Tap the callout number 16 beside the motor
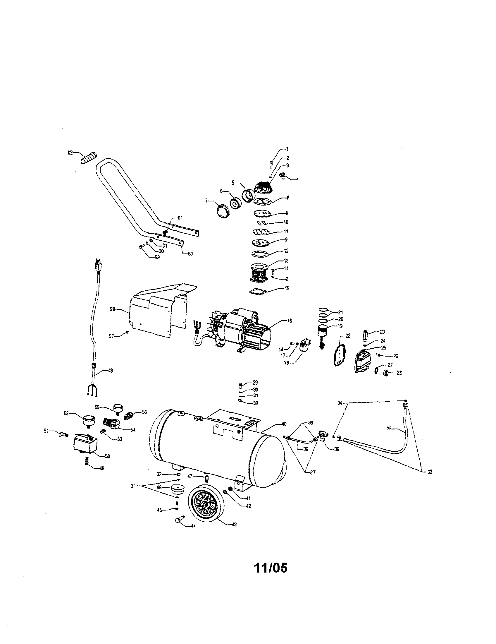(289, 321)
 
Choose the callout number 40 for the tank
(284, 424)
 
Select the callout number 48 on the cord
(111, 371)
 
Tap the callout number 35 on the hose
(389, 429)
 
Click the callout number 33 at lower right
(429, 472)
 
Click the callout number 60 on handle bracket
(190, 254)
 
